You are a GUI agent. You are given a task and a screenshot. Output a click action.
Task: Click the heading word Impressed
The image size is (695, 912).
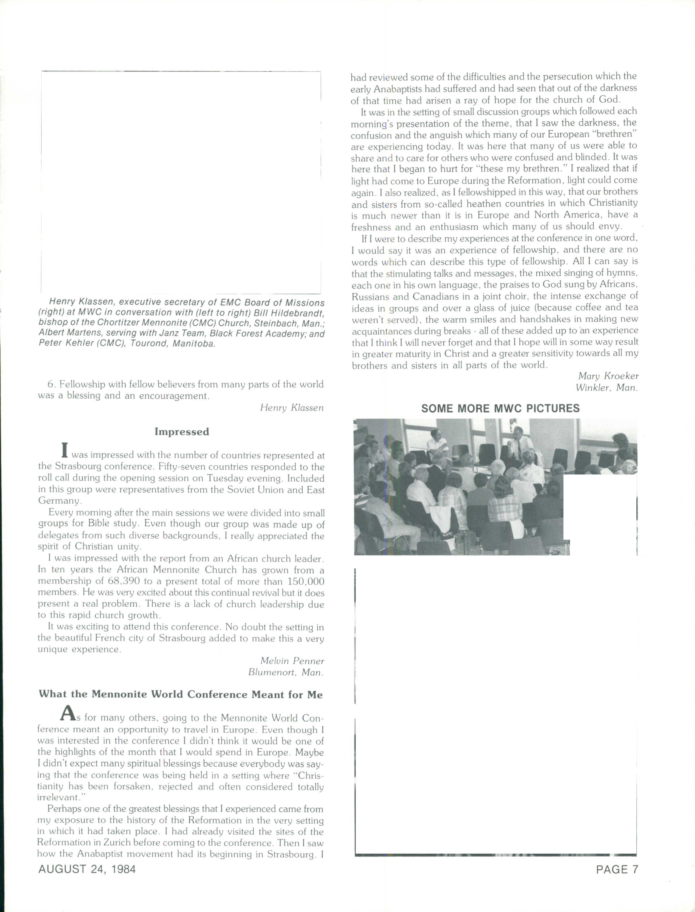[x=182, y=432]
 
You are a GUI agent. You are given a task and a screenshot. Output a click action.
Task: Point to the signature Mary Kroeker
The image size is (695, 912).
[x=608, y=376]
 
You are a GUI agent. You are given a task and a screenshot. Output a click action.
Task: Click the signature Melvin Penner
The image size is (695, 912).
[x=292, y=661]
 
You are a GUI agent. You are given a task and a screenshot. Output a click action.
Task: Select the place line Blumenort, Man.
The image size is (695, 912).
[x=286, y=673]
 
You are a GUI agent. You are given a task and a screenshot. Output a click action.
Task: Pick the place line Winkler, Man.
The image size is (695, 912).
[x=606, y=388]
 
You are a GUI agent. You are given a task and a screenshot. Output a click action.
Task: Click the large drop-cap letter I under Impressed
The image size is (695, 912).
[x=64, y=450]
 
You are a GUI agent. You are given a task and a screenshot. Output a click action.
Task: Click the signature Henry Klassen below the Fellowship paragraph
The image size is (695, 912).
[x=292, y=408]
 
